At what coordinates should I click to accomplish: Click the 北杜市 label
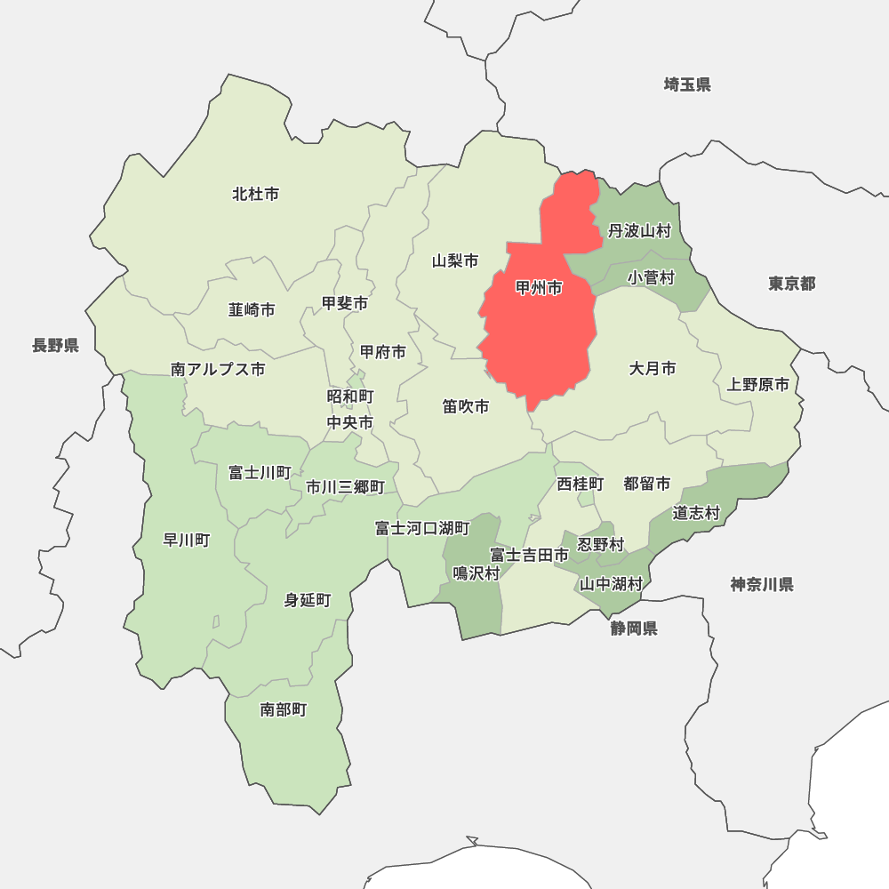pyautogui.click(x=255, y=194)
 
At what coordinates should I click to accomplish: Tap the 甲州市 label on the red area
pyautogui.click(x=539, y=288)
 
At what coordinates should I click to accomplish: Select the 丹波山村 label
pyautogui.click(x=639, y=231)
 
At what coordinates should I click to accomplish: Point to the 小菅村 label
pyautogui.click(x=651, y=278)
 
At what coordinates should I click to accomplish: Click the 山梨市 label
pyautogui.click(x=455, y=261)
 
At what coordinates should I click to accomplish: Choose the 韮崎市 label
pyautogui.click(x=252, y=310)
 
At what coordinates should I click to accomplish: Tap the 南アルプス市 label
pyautogui.click(x=218, y=370)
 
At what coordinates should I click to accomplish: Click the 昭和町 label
pyautogui.click(x=350, y=396)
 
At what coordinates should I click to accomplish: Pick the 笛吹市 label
pyautogui.click(x=466, y=406)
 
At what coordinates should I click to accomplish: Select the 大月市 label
pyautogui.click(x=653, y=368)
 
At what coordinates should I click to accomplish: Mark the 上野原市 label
pyautogui.click(x=757, y=385)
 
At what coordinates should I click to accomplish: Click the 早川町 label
pyautogui.click(x=187, y=540)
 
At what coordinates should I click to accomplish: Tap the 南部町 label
pyautogui.click(x=284, y=709)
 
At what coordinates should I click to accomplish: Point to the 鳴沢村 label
pyautogui.click(x=477, y=573)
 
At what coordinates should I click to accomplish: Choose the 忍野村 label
pyautogui.click(x=601, y=544)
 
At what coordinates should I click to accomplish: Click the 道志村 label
pyautogui.click(x=696, y=513)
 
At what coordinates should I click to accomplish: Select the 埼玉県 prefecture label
pyautogui.click(x=687, y=85)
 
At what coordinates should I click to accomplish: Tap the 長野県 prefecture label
pyautogui.click(x=56, y=346)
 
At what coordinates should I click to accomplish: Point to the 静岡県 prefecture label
pyautogui.click(x=634, y=629)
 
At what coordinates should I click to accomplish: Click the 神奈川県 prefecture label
pyautogui.click(x=762, y=585)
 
